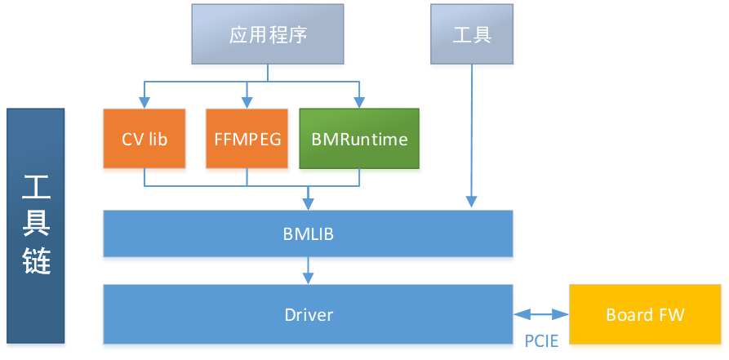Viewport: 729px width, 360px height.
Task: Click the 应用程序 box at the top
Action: coord(267,34)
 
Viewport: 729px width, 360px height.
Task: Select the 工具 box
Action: coord(473,34)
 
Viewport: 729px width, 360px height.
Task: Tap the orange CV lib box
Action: coord(144,139)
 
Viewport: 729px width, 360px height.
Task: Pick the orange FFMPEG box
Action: coord(247,139)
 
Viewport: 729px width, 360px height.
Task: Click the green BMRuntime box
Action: coord(359,139)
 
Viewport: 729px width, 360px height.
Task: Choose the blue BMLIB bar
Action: coord(308,233)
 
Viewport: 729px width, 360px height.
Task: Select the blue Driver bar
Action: coord(308,313)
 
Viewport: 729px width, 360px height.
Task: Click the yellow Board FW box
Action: coord(645,314)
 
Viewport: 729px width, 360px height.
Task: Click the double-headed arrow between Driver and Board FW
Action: coord(541,313)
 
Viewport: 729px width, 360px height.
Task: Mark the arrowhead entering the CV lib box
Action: coord(144,103)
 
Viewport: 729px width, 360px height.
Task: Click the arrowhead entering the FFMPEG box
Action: coord(247,103)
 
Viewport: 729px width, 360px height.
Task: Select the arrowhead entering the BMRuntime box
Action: coord(359,103)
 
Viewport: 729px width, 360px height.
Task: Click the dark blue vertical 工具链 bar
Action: coord(35,225)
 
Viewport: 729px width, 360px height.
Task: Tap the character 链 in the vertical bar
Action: coord(35,260)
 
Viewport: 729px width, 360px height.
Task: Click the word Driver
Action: coord(309,314)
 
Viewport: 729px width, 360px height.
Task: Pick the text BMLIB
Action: coord(308,234)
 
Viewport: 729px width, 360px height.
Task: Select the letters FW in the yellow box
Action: coord(671,315)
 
